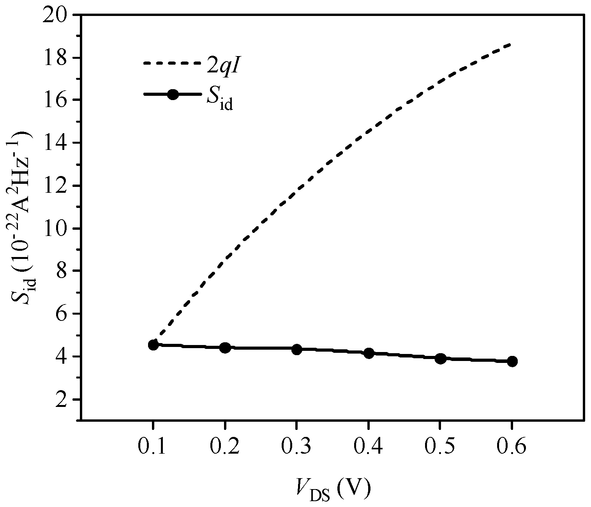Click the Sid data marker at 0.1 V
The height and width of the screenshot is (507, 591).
(153, 345)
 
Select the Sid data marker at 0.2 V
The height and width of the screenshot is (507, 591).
(225, 348)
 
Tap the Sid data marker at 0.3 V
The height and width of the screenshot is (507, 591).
(297, 349)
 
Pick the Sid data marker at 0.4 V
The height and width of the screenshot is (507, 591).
(369, 354)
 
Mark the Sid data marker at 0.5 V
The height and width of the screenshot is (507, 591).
(441, 359)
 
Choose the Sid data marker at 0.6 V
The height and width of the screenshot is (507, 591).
(512, 361)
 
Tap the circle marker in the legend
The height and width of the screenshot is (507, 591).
(173, 95)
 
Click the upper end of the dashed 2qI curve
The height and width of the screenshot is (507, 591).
(510, 44)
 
